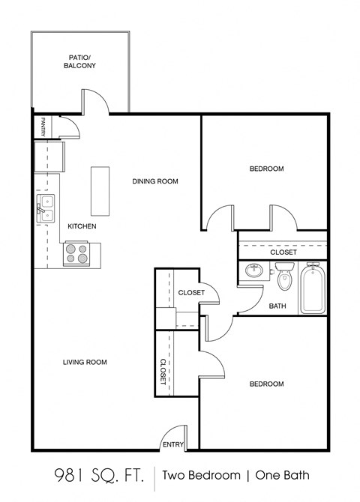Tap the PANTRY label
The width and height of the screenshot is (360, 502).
point(45,126)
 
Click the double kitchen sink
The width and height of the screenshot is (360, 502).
point(47,208)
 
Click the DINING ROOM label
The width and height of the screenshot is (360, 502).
point(155,181)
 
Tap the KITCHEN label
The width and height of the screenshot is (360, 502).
point(82,226)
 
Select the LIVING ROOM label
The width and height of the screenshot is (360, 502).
point(84,362)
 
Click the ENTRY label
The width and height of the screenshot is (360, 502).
point(173,444)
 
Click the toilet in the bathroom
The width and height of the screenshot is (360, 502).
point(283,279)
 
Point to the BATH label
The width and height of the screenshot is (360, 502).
point(277,306)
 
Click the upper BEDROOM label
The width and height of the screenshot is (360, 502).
point(266,169)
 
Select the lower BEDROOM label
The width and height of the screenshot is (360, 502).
point(266,384)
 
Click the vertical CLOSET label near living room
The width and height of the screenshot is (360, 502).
point(163,371)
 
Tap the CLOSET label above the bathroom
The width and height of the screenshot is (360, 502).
point(283,252)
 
